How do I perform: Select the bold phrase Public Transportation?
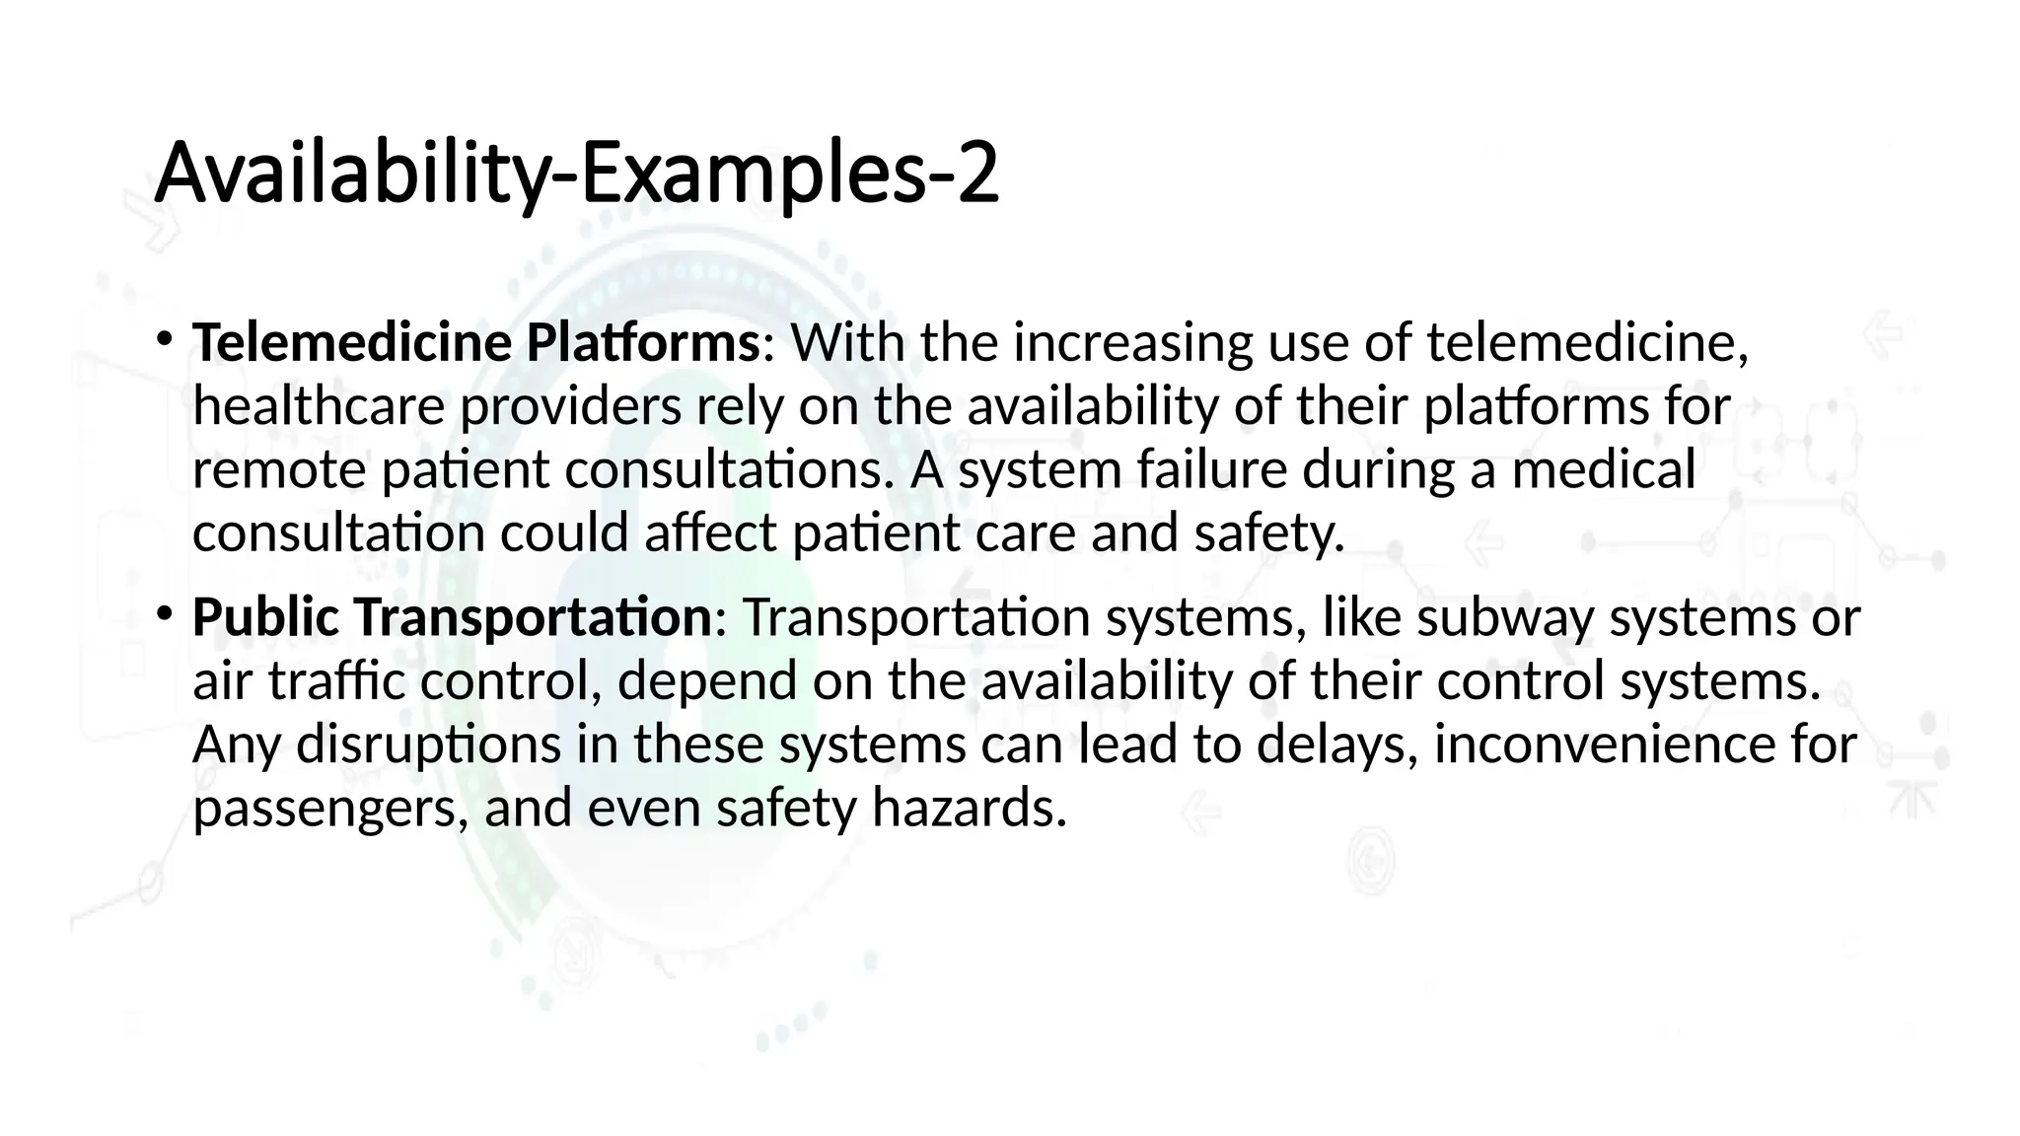(452, 617)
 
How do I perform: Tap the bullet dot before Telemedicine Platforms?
(164, 339)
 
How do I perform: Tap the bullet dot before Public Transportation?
(164, 613)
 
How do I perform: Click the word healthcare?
(319, 406)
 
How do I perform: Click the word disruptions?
(428, 745)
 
